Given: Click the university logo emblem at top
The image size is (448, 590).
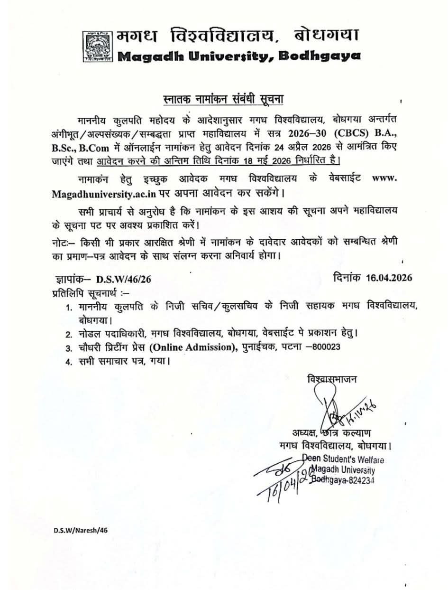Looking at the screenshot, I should click(98, 47).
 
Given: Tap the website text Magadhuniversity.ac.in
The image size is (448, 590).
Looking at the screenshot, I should click(99, 194).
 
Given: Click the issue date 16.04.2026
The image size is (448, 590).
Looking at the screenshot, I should click(389, 278).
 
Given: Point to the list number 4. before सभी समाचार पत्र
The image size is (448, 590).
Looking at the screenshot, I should click(69, 362).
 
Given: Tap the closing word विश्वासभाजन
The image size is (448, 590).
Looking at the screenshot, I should click(332, 379).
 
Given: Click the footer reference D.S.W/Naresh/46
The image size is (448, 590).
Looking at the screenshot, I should click(77, 531).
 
